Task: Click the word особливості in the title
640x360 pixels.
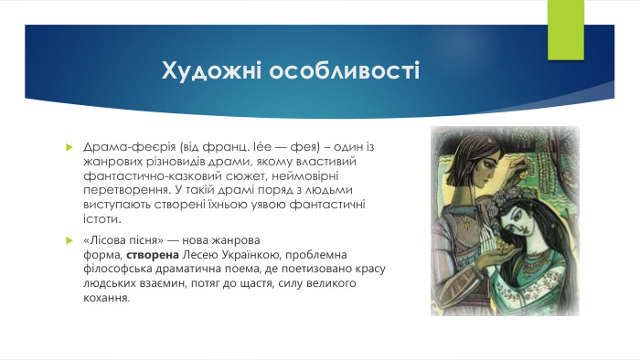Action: (342, 70)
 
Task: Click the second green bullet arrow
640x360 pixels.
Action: (69, 239)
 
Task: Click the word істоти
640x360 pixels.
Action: (101, 219)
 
